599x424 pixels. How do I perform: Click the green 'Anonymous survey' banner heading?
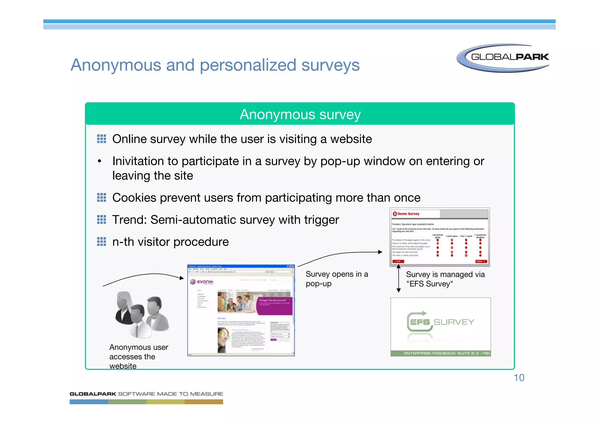300,114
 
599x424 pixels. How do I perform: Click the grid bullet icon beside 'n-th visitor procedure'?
101,242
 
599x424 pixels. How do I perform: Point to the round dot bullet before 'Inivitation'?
100,161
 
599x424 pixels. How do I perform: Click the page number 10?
519,378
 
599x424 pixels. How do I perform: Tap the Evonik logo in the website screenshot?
202,282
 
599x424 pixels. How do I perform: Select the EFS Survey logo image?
440,326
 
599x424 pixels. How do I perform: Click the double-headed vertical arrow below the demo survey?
398,278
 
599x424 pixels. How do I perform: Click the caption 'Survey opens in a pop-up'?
336,279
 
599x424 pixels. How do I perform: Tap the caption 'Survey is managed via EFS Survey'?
445,279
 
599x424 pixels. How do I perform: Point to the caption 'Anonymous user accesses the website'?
138,356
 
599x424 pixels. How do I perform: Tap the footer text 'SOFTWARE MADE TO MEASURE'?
171,394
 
